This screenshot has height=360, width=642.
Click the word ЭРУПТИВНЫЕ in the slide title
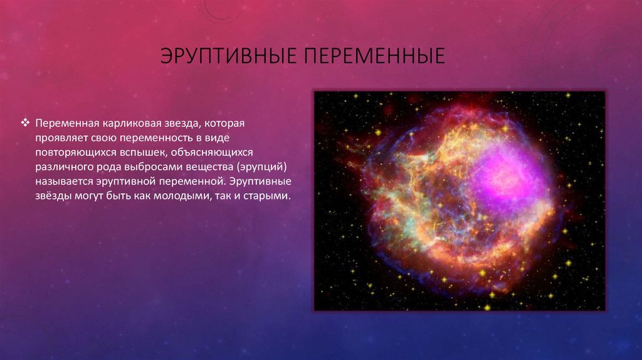click(228, 56)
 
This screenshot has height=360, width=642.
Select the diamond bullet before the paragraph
click(25, 122)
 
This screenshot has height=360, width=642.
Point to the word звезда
click(182, 124)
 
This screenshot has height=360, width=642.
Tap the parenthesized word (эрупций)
click(263, 167)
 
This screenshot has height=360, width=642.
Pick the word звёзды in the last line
click(53, 196)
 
